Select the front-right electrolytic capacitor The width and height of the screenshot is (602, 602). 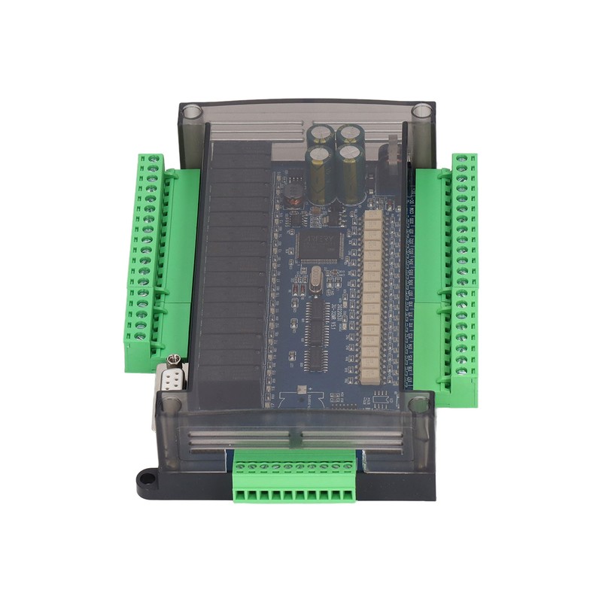coord(350,173)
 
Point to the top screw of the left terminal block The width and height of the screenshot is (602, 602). coord(154,160)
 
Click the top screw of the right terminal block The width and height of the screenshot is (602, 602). coord(461,160)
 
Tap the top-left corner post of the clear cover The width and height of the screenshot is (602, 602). coord(192,114)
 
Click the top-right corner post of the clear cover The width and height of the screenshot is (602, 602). coord(421,113)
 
